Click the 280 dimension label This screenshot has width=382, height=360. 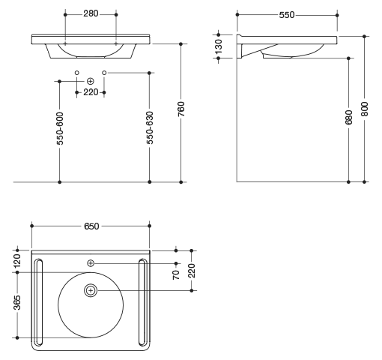point(91,13)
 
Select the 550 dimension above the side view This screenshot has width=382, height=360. point(287,15)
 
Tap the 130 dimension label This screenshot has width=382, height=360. point(219,46)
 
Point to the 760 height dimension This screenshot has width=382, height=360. point(181,109)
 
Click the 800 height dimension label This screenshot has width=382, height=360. point(365,109)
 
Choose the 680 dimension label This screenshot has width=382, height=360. point(349,117)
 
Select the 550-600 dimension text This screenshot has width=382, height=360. point(60,128)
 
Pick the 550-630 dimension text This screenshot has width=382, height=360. point(150,127)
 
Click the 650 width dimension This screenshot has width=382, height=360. point(91,226)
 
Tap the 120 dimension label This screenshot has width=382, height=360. point(17,261)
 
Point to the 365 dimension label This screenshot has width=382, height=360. point(17,303)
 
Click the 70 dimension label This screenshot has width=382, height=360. point(176,274)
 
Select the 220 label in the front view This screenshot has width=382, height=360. point(91,92)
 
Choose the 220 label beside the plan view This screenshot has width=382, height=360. point(192,271)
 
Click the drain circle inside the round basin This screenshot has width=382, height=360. point(91,290)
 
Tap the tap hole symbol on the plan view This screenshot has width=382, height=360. point(91,263)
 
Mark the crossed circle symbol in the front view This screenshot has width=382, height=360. point(91,81)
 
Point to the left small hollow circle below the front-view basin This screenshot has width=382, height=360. point(77,73)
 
